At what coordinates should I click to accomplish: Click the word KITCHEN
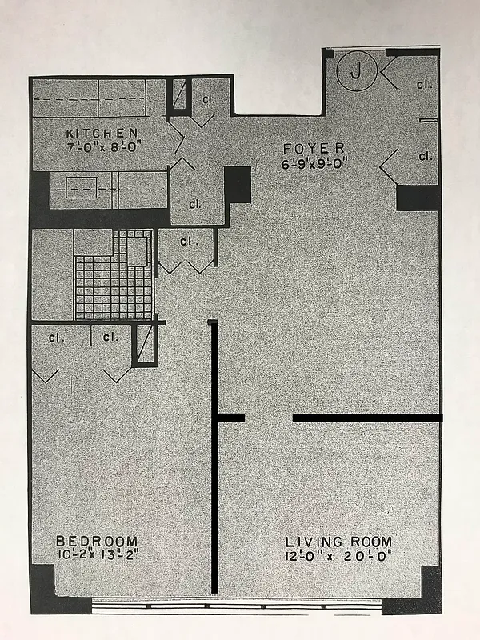tap(102, 133)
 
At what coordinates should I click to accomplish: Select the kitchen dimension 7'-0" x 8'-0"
tap(102, 146)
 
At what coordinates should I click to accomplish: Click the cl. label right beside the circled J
tap(423, 83)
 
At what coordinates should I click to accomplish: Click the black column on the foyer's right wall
tap(418, 198)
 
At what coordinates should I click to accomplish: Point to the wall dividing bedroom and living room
tap(214, 480)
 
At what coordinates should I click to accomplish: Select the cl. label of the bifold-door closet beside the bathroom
tap(188, 241)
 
